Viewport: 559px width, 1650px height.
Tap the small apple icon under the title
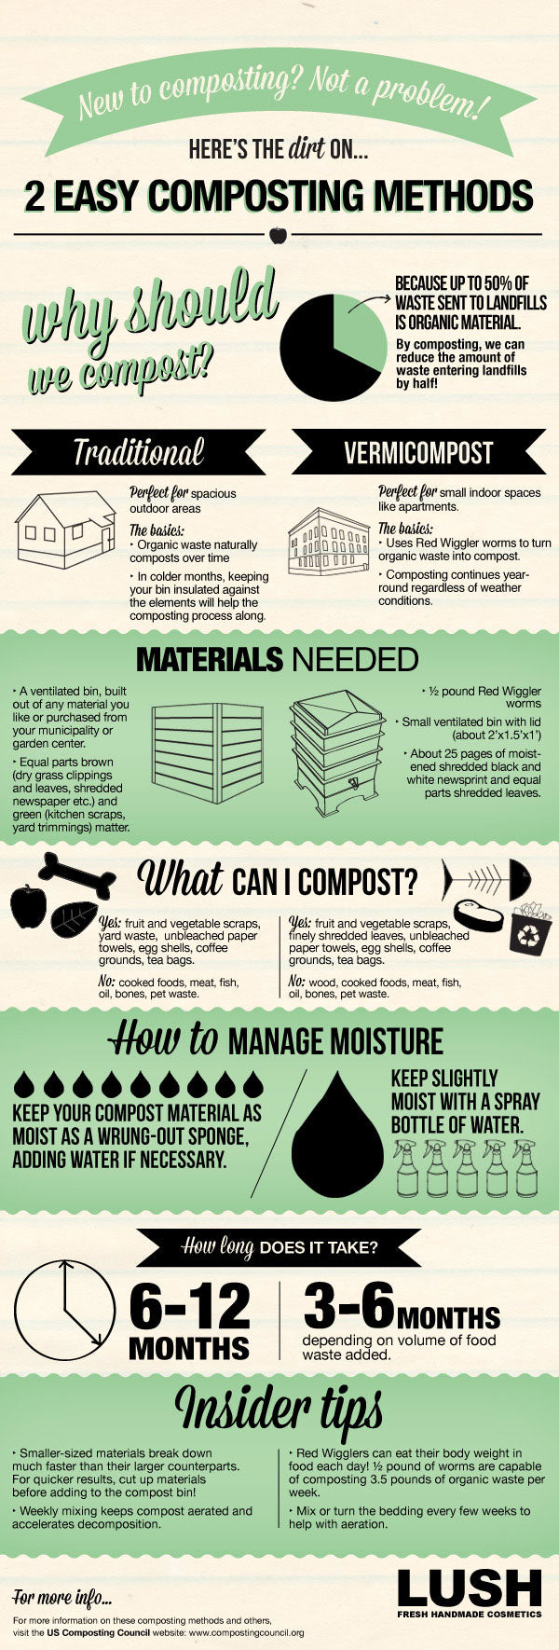tap(277, 234)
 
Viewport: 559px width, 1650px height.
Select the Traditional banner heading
tap(139, 453)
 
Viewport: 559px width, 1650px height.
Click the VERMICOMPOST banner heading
tap(418, 454)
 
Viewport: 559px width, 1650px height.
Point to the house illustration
tap(66, 529)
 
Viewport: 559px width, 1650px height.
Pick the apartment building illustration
tap(329, 542)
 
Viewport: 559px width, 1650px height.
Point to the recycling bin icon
tap(531, 927)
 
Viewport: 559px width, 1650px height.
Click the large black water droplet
tap(336, 1134)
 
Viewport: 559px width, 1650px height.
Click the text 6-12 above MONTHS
tap(190, 1306)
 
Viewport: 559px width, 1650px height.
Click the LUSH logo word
tap(470, 1588)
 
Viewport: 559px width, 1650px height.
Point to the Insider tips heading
tap(279, 1409)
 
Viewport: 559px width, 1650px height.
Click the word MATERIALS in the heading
tap(209, 660)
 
